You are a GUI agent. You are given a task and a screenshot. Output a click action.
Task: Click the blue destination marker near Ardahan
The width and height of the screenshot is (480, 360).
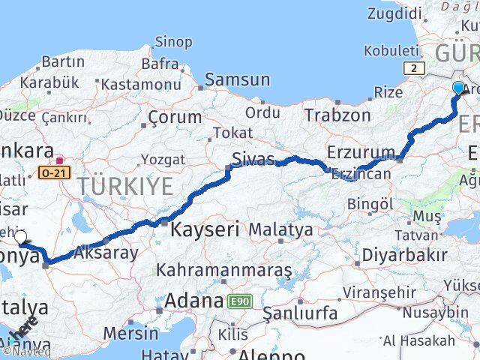458,88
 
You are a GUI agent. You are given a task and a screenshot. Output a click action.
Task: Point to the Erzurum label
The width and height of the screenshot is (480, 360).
360,152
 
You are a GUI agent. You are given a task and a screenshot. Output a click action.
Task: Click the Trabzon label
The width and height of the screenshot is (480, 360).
337,115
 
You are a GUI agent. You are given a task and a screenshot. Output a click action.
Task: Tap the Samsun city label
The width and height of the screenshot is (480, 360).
237,79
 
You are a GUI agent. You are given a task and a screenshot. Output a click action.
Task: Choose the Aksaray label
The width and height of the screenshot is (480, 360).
106,253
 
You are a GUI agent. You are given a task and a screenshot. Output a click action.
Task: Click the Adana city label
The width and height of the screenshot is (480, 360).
193,301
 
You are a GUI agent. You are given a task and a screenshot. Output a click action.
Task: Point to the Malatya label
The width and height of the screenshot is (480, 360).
280,229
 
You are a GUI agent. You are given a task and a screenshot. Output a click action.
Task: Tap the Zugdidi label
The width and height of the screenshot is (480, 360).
395,14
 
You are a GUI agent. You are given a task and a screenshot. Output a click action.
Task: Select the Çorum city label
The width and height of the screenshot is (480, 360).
175,117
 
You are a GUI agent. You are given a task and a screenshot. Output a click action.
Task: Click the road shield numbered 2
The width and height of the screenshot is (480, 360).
412,68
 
